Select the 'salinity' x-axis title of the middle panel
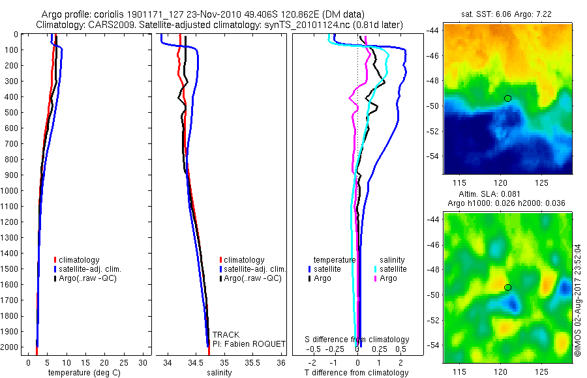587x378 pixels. [x=219, y=373]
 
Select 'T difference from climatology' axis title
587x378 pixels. [x=357, y=373]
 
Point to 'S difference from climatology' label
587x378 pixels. [x=357, y=340]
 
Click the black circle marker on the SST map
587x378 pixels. [x=508, y=98]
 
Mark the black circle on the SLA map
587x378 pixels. [x=508, y=287]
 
